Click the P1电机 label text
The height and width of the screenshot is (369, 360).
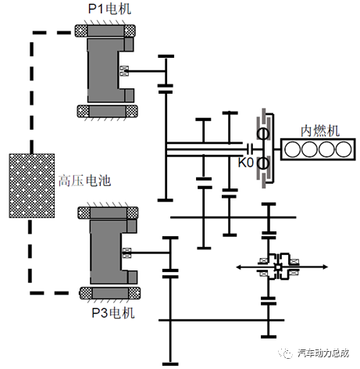point(109,9)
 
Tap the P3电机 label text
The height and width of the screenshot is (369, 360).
point(113,313)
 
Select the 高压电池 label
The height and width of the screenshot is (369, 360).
point(85,181)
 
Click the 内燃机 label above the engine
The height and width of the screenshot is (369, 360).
point(320,131)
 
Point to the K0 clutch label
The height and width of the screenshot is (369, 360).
point(245,163)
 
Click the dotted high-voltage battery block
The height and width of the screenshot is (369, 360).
point(32,186)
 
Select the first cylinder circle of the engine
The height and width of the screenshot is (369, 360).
point(292,149)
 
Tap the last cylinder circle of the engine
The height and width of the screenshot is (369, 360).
point(344,149)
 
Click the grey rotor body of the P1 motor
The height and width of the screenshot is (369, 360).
point(103,70)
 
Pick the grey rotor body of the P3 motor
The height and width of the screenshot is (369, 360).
point(105,252)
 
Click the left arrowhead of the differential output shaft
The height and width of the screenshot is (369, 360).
point(239,267)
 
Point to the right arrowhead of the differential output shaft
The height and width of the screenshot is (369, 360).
point(325,267)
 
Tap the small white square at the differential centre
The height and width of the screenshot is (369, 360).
point(278,267)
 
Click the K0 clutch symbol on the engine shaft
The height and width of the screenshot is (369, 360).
point(250,149)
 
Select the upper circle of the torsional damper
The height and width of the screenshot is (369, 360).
point(263,134)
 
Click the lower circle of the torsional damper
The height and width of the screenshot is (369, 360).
point(263,163)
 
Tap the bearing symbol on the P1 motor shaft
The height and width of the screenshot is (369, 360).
point(124,70)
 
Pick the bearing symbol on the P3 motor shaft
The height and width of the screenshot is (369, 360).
point(127,253)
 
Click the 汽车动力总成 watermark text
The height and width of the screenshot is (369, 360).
point(323,353)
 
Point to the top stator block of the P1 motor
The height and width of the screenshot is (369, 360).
point(105,30)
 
